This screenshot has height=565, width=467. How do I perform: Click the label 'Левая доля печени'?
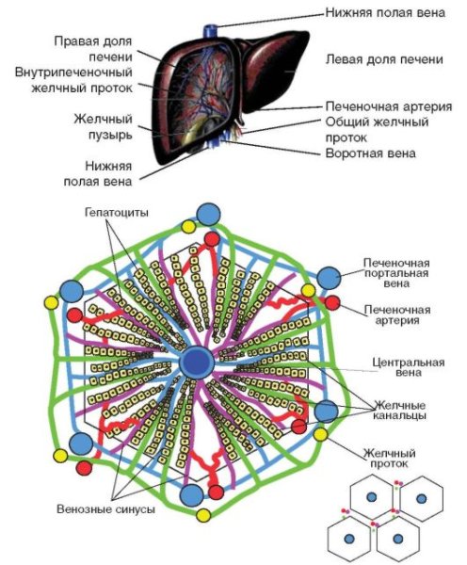[383, 59]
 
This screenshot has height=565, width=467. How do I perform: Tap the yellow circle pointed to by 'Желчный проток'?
[323, 435]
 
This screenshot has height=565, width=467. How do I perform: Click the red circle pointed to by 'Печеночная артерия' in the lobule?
[331, 302]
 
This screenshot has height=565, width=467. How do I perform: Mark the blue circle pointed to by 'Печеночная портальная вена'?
[329, 277]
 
